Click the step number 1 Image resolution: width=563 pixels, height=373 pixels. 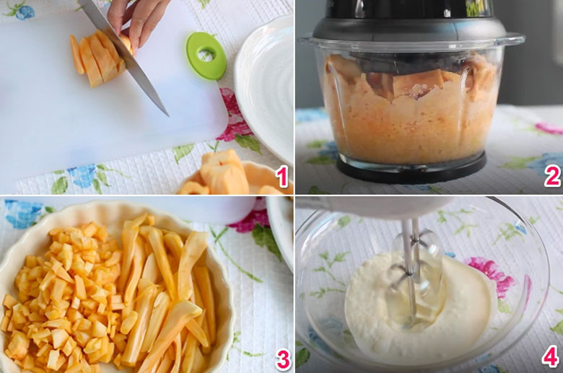(282, 176)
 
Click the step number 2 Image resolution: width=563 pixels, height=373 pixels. (552, 176)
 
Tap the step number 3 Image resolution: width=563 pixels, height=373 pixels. (283, 360)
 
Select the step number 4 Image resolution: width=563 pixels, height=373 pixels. (551, 356)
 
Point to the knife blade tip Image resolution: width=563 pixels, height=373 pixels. (168, 115)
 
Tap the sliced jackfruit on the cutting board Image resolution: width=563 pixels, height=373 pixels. (97, 58)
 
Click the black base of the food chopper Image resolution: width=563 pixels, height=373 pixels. (411, 170)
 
